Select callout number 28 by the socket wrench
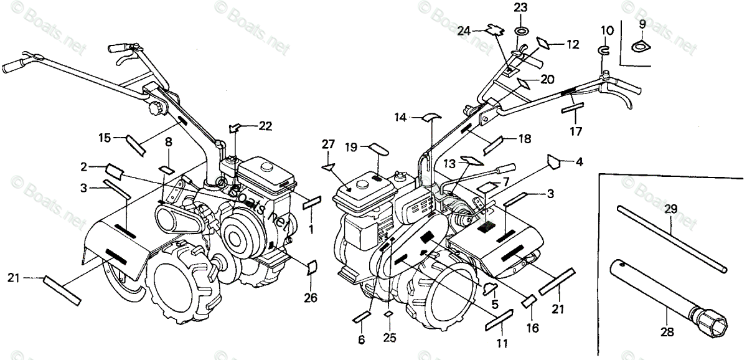[x=667, y=333]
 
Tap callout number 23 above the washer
[x=520, y=7]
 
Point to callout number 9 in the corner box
[x=642, y=24]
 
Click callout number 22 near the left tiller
[x=266, y=126]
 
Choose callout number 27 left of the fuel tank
[x=328, y=144]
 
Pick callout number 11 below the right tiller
[x=502, y=343]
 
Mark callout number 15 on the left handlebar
[x=104, y=136]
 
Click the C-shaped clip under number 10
[x=603, y=49]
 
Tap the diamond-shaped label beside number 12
[x=543, y=43]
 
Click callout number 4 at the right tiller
[x=579, y=163]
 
